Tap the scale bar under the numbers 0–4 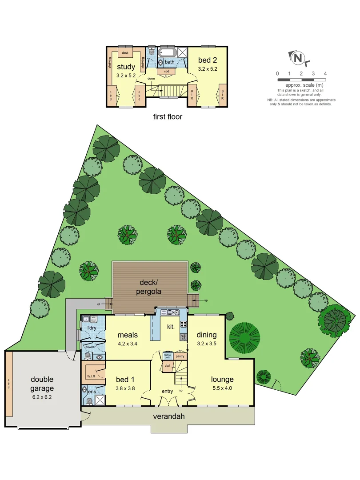coord(301,80)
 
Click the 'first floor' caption coord(167,117)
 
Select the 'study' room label coord(126,67)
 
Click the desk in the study coord(125,52)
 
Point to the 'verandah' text coord(168,416)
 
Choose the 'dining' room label coord(207,335)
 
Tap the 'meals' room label coord(128,335)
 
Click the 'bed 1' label coord(125,379)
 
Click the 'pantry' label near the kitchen coord(180,356)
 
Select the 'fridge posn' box coord(168,356)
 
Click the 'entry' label coord(167,391)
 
